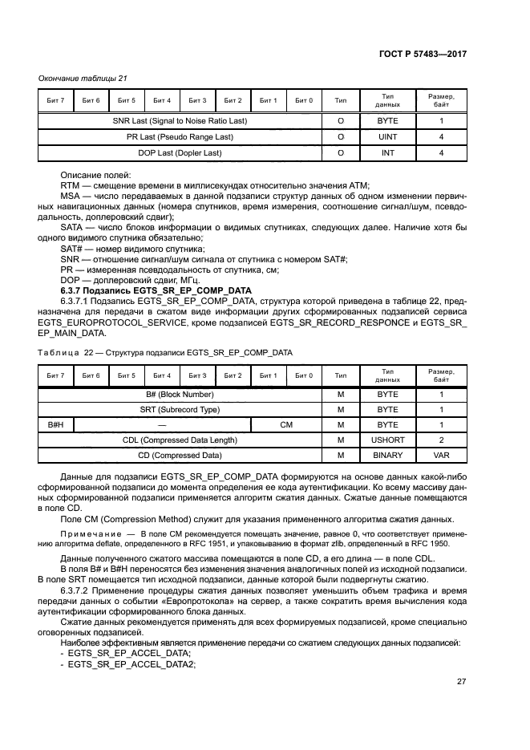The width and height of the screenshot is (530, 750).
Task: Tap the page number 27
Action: point(461,682)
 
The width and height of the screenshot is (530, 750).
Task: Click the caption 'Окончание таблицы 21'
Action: point(83,78)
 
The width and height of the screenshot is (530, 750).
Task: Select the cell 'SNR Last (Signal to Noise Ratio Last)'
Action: point(179,121)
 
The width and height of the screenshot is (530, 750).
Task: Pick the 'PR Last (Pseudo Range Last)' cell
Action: point(179,137)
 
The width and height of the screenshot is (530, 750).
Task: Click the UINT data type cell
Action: point(388,137)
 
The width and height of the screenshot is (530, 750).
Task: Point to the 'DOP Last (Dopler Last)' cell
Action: point(179,152)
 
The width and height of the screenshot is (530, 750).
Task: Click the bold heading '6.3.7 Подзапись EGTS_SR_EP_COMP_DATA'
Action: point(156,290)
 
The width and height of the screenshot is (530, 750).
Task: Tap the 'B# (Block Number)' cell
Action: point(179,395)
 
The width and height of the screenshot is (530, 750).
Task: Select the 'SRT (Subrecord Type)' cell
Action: point(179,410)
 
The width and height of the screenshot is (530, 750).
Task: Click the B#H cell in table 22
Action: point(55,425)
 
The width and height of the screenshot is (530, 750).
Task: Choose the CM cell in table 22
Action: point(285,425)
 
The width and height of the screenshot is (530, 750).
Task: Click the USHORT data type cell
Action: point(388,440)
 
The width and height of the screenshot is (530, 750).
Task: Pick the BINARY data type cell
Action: point(388,456)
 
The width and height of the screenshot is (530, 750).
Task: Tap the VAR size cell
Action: point(441,456)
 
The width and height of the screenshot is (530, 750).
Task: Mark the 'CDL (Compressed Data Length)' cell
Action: point(179,440)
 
